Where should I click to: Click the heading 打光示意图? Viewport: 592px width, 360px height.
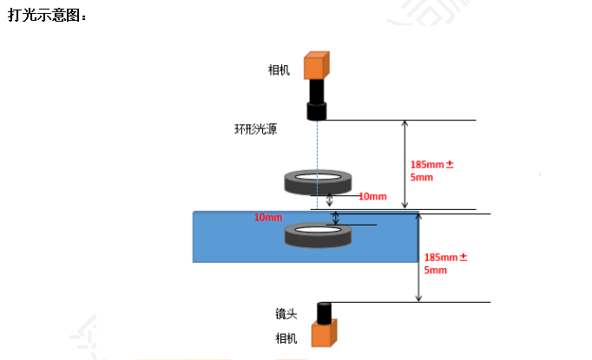coord(47,16)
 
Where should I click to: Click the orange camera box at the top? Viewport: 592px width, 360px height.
coord(316,66)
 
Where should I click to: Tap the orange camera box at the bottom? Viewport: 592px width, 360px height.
coord(324,333)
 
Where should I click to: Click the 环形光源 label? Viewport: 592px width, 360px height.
coord(255,130)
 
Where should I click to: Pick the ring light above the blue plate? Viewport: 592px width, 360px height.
coord(318,182)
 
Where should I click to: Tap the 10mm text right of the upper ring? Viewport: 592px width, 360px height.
coord(372,197)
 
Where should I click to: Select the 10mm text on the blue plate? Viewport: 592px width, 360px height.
coord(268,217)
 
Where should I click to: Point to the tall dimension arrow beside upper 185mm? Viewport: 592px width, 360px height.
coord(404,165)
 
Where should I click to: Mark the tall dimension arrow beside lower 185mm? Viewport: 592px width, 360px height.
coord(418,258)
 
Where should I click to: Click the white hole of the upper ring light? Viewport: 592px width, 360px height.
coord(318,177)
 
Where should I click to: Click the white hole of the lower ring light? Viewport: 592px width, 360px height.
coord(318,229)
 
